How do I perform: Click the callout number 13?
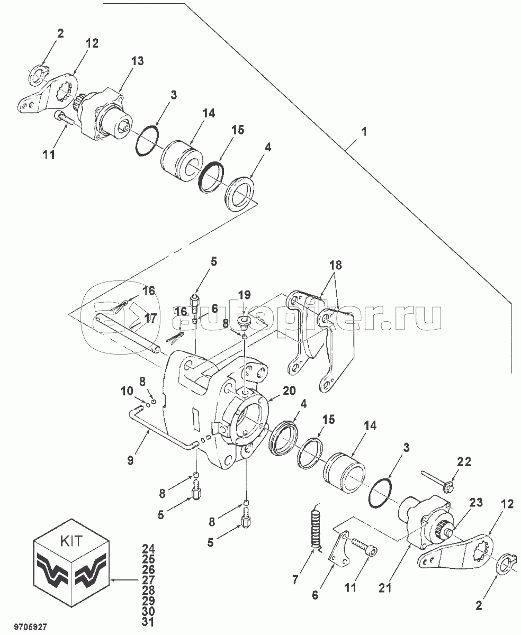(137, 61)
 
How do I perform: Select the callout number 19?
(243, 294)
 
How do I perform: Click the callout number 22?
(464, 461)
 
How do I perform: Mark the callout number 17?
(151, 319)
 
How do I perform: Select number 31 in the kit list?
(148, 621)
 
